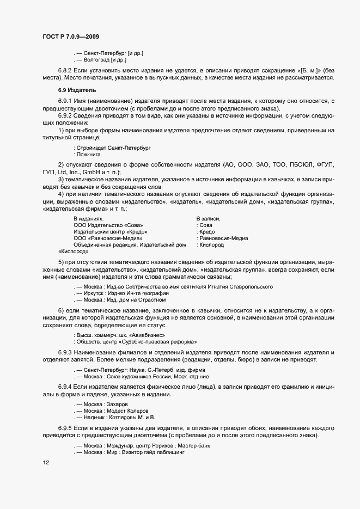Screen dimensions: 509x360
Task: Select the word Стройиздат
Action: click(x=91, y=148)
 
